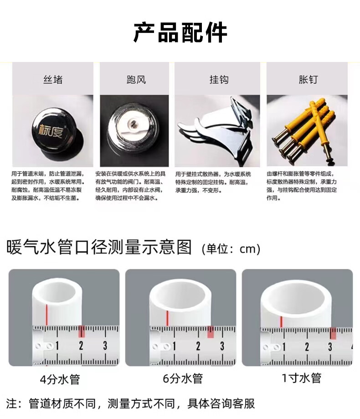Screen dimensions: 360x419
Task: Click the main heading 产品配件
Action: click(x=180, y=33)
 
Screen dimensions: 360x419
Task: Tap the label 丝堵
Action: click(x=53, y=80)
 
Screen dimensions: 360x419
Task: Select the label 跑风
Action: click(x=136, y=80)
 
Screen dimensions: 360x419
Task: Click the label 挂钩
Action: click(x=219, y=80)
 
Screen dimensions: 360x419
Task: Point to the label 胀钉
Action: click(x=308, y=80)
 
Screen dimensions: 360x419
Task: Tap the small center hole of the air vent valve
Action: click(x=133, y=123)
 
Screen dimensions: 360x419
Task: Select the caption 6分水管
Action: click(x=183, y=378)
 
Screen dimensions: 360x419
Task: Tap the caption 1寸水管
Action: click(x=302, y=378)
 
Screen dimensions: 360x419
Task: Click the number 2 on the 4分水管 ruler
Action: click(x=81, y=346)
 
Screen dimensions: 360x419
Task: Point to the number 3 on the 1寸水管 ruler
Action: click(x=330, y=347)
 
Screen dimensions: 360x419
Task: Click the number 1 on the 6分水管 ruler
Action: click(x=175, y=346)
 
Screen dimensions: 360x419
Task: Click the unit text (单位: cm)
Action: click(x=231, y=249)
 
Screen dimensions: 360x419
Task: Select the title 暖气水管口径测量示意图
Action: click(x=99, y=247)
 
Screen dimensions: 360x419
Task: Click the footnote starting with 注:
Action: click(x=130, y=403)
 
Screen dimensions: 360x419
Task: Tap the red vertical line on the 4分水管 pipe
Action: click(x=47, y=315)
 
